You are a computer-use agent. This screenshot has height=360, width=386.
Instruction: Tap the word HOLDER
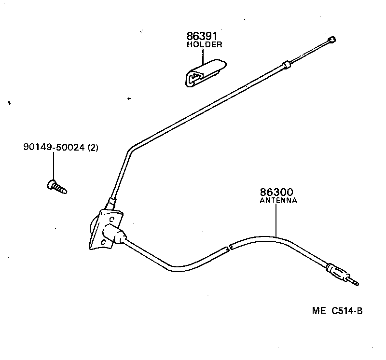coord(204,45)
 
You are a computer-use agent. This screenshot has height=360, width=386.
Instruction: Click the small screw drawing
coord(56,186)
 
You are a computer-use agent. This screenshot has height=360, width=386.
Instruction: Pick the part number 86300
coord(277,192)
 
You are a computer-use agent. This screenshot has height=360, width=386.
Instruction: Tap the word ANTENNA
coord(278,200)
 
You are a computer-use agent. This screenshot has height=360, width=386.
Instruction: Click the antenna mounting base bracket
coord(104,229)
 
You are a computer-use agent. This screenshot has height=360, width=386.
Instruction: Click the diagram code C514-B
coord(346,311)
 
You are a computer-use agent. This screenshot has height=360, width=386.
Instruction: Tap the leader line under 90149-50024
coord(53,166)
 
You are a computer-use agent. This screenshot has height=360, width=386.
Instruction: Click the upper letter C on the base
coord(111,219)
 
